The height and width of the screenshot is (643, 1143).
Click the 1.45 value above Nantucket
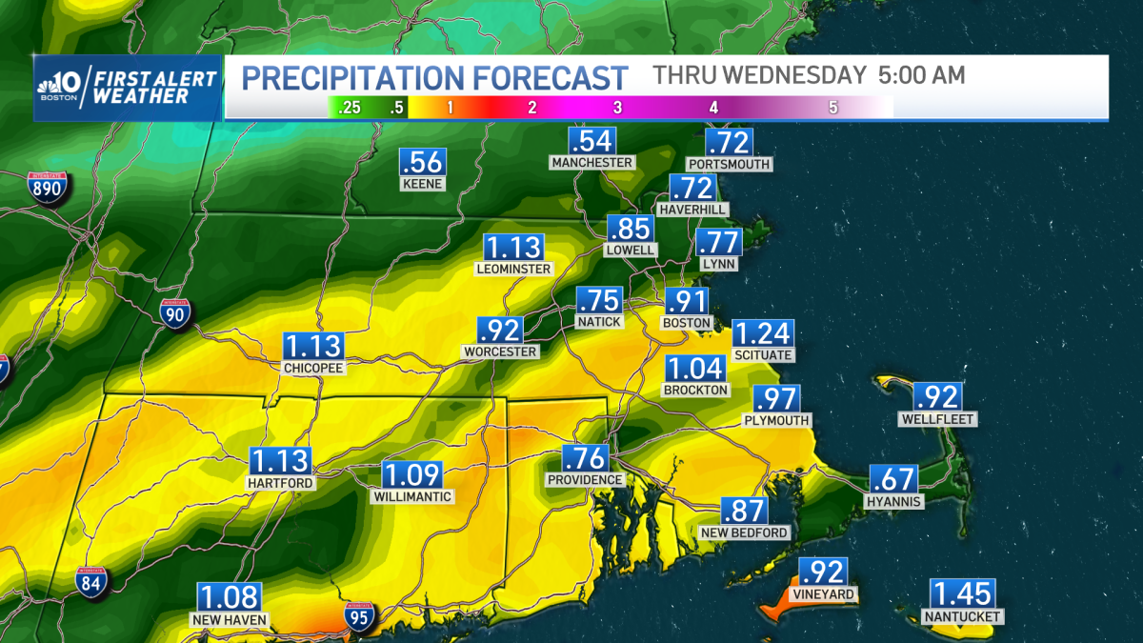962,594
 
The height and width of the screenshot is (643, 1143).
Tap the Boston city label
687,323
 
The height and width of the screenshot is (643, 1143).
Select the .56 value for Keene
422,163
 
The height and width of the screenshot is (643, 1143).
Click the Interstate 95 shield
360,618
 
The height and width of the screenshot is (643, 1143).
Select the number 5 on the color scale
832,108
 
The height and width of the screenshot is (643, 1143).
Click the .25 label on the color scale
350,108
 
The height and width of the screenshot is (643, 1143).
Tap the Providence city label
585,480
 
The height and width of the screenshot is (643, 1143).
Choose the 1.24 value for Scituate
762,334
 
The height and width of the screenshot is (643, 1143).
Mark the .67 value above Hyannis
893,479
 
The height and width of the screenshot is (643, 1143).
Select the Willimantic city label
412,496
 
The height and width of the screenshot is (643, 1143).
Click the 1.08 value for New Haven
229,598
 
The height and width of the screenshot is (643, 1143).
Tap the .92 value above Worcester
500,331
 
